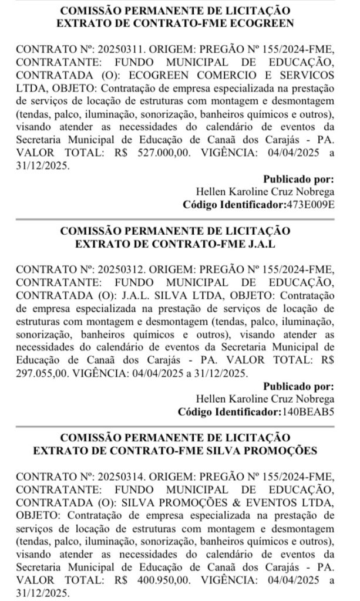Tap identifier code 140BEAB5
tap(309, 411)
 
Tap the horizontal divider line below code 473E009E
tap(180, 218)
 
